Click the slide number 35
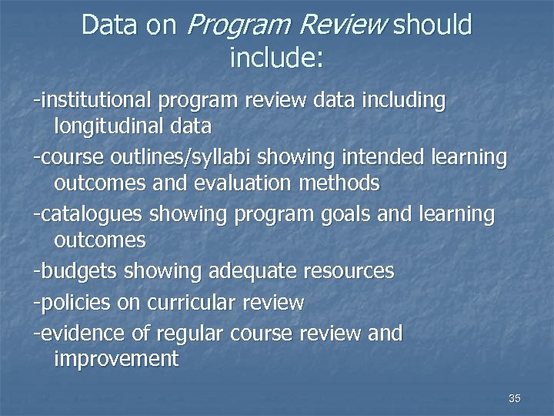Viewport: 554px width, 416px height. point(515,398)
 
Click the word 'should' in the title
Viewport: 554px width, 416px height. point(432,25)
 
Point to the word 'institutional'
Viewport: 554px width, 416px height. point(95,100)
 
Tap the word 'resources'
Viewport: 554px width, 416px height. point(349,271)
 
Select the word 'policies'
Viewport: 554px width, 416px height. point(75,303)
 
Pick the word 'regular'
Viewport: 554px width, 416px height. point(185,334)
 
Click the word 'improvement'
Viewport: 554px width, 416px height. point(116,359)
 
